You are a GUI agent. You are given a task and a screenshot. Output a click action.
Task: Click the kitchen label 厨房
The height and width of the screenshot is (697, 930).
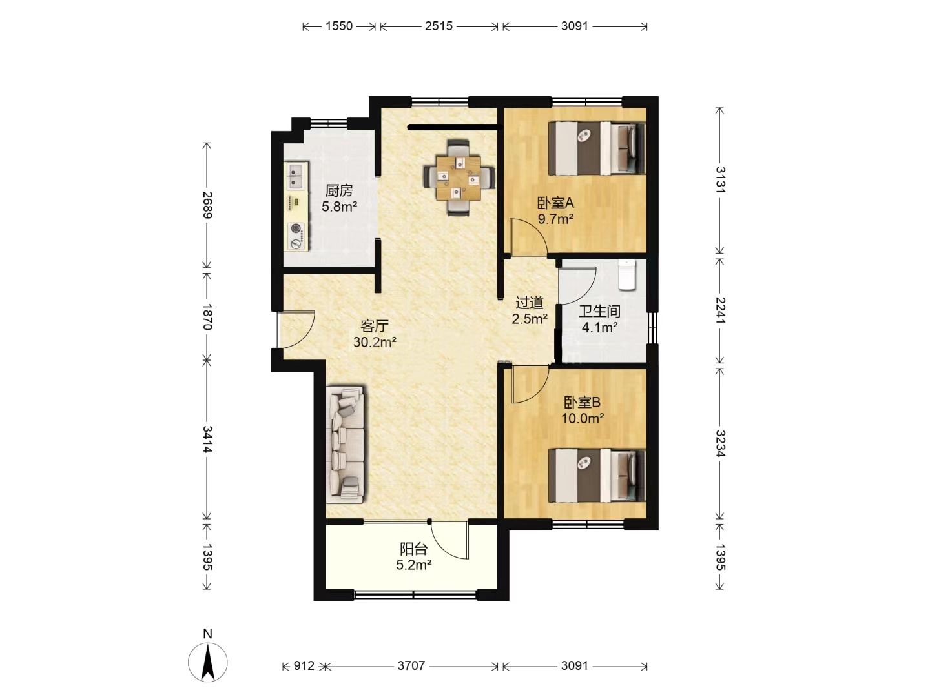click(x=339, y=191)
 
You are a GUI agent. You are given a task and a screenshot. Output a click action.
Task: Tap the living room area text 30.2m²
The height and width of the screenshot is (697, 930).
click(x=375, y=342)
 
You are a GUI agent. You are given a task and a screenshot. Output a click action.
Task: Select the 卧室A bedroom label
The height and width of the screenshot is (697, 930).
click(x=555, y=203)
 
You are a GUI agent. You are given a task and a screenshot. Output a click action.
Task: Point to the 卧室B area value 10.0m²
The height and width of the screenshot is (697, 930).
click(x=583, y=419)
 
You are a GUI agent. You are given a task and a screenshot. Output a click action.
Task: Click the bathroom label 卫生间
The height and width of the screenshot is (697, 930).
click(x=599, y=312)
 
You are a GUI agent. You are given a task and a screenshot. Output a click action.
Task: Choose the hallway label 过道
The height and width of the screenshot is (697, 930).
click(x=529, y=303)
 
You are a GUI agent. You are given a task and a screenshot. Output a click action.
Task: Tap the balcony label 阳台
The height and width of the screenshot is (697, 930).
click(x=413, y=549)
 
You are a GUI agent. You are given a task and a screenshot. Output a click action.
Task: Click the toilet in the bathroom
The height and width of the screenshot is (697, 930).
click(x=627, y=275)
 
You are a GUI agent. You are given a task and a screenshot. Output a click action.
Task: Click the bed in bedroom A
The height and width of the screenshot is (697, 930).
click(x=597, y=148)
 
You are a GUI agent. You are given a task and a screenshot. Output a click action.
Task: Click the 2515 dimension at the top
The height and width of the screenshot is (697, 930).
click(x=439, y=26)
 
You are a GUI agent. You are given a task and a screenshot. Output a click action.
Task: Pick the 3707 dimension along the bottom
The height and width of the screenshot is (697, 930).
click(x=411, y=665)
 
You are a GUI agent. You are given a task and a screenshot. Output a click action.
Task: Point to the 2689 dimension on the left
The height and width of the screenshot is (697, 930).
click(x=207, y=205)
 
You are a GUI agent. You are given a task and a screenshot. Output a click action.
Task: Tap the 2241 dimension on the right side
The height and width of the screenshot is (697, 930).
click(x=720, y=311)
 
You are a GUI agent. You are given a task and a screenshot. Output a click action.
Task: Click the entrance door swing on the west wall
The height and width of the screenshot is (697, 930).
click(x=296, y=330)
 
